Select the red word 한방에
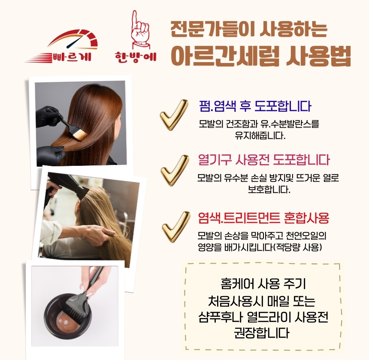coord(136,57)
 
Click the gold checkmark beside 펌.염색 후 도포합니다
coord(174,114)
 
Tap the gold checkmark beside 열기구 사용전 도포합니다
coord(175,170)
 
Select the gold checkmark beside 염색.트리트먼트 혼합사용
coord(176,226)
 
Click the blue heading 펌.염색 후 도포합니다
coord(255,106)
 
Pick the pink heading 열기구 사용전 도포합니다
coord(263,160)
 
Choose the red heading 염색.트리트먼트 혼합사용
coord(263,218)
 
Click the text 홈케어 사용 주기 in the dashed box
coord(263,283)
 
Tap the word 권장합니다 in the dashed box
coord(261,333)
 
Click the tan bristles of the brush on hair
coord(79,135)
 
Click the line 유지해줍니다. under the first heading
coord(260,135)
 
